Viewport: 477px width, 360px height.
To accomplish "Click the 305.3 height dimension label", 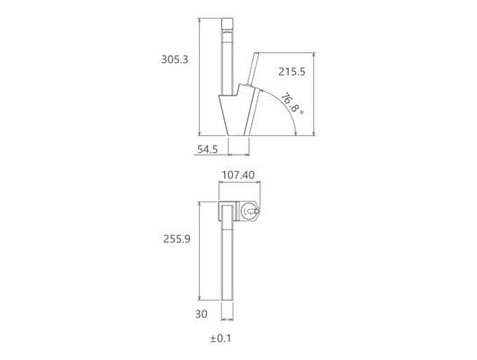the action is pos(175,59).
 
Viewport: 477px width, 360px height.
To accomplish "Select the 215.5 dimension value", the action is pos(292,72).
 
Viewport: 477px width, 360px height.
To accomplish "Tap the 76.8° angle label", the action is pos(292,104).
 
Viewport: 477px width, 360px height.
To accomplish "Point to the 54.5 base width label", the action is pos(208,149).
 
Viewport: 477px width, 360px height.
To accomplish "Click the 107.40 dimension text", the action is pos(238,175).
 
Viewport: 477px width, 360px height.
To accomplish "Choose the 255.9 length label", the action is pos(176,239).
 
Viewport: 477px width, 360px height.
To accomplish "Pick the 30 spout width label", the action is pos(201,314).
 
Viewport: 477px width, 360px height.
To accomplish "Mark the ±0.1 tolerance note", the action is pos(220,338).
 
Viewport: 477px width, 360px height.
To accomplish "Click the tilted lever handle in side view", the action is pos(253,69).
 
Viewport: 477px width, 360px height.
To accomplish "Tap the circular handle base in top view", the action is pos(248,211).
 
